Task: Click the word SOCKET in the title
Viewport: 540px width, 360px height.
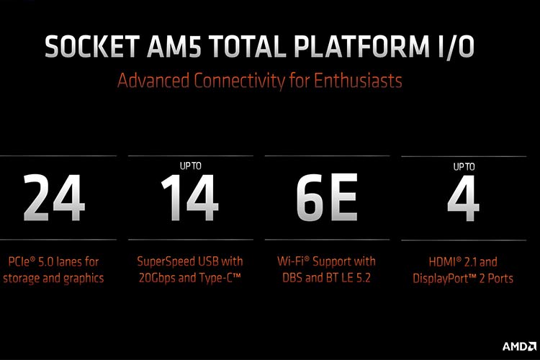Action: (92, 46)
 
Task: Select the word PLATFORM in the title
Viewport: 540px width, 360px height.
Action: (359, 46)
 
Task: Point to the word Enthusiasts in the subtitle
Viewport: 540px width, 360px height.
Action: (358, 81)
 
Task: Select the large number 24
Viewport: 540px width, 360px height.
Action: (54, 198)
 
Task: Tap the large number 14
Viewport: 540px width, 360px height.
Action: (190, 198)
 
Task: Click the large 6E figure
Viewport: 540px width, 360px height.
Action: (327, 198)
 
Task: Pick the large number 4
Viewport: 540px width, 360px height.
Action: (463, 199)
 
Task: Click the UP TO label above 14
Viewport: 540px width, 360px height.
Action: (191, 166)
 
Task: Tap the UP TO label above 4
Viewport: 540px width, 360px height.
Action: (464, 167)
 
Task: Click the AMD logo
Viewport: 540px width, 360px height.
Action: (519, 346)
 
